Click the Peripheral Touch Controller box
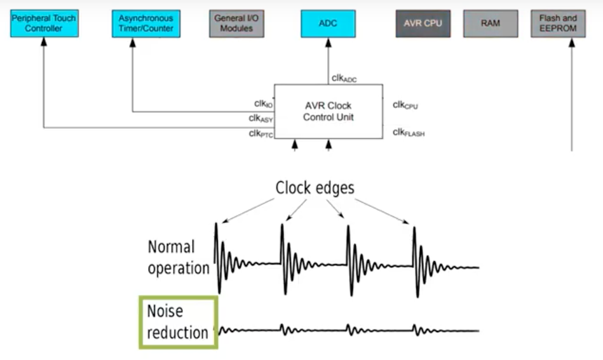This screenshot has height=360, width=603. pyautogui.click(x=44, y=23)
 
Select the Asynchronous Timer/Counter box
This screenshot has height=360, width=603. pyautogui.click(x=146, y=23)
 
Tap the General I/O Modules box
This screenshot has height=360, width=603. pyautogui.click(x=236, y=23)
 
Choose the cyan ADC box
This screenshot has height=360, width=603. pyautogui.click(x=328, y=23)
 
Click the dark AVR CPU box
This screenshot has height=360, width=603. pyautogui.click(x=423, y=23)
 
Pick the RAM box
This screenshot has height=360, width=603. pyautogui.click(x=490, y=23)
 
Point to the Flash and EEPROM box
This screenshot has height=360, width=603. pyautogui.click(x=557, y=23)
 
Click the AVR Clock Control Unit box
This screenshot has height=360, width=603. pyautogui.click(x=328, y=111)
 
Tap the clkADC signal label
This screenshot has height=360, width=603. pyautogui.click(x=344, y=79)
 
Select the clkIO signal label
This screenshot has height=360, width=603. pyautogui.click(x=263, y=103)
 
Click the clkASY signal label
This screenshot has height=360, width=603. pyautogui.click(x=261, y=118)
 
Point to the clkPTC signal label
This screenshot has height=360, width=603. pyautogui.click(x=261, y=133)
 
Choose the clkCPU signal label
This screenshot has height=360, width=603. pyautogui.click(x=405, y=105)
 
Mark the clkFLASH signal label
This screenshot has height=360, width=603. pyautogui.click(x=409, y=133)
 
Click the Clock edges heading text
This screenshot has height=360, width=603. pyautogui.click(x=315, y=188)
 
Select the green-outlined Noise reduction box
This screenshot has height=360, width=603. pyautogui.click(x=178, y=322)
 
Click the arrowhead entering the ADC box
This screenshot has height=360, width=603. pyautogui.click(x=328, y=42)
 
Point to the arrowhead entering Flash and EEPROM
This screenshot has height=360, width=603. pyautogui.click(x=572, y=42)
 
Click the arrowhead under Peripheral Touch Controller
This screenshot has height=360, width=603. pyautogui.click(x=44, y=42)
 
